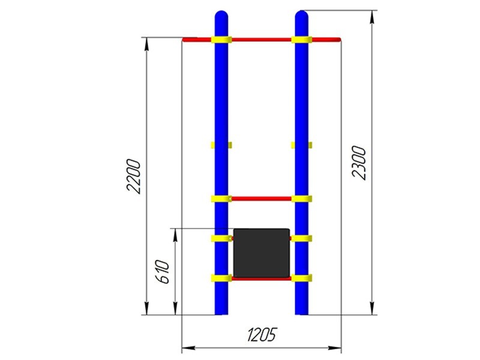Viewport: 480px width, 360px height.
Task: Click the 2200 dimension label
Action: point(134,176)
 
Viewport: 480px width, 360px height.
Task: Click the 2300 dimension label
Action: point(359,163)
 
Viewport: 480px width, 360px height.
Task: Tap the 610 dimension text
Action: point(162,272)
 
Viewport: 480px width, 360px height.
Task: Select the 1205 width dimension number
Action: point(262,335)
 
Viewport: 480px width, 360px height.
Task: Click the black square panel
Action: point(262,253)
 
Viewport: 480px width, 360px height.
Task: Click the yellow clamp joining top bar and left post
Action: point(221,40)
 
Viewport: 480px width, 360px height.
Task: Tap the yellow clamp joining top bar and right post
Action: point(302,40)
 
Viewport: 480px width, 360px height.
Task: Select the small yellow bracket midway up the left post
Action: point(221,145)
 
